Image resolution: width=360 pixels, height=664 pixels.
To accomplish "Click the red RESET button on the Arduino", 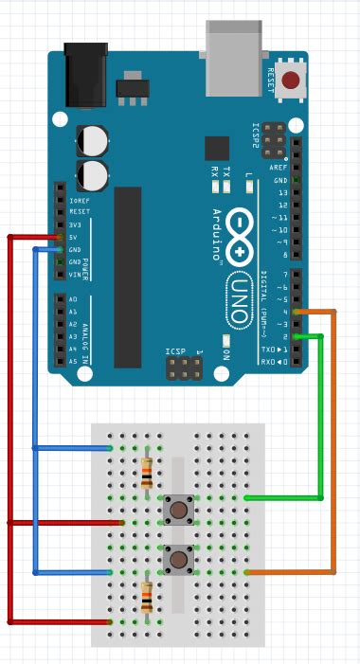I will (295, 81).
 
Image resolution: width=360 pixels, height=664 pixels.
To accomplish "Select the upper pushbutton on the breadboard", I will (177, 510).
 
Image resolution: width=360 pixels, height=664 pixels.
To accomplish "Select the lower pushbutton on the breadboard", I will (177, 559).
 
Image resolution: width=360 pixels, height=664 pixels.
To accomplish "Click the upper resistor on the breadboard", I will (147, 472).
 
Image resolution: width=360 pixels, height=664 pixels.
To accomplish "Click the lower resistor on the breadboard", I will (147, 598).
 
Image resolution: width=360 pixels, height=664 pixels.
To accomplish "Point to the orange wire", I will (333, 445).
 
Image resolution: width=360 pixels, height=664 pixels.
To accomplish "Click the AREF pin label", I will (280, 167).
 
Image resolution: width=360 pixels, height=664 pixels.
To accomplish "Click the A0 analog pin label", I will (73, 299).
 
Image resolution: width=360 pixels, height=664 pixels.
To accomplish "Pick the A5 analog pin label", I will (73, 361).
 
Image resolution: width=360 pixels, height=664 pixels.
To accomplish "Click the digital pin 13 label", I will (280, 192).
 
